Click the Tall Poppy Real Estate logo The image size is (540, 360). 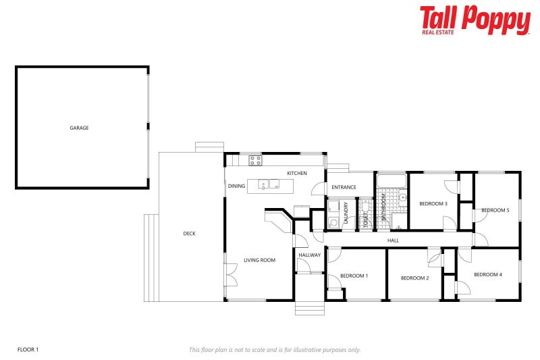point(475,20)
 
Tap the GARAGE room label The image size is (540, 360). point(80,128)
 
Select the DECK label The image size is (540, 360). point(189,234)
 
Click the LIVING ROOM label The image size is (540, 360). point(260,260)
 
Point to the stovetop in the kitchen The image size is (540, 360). point(255,161)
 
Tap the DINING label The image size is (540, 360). point(236,186)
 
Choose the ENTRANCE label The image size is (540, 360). point(344,187)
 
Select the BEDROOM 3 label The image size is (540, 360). point(433,203)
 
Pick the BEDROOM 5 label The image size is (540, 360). point(495,210)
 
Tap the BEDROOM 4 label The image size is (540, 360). point(487,274)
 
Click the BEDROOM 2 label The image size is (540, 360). point(414,278)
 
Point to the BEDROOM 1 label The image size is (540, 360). point(354,276)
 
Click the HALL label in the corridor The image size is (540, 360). point(393,240)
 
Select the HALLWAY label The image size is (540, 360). point(310,255)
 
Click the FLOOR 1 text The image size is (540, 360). point(28,349)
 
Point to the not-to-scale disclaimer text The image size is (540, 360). point(274,349)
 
